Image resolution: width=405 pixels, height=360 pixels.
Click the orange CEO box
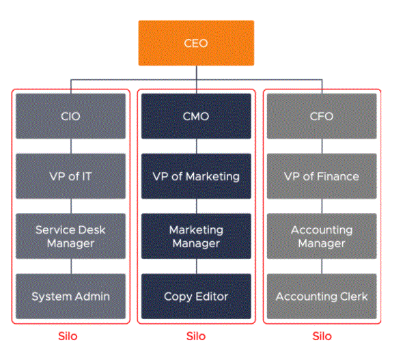[x=196, y=43]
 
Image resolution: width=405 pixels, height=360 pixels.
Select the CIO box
[x=70, y=116]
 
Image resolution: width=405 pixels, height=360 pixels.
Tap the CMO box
[x=196, y=116]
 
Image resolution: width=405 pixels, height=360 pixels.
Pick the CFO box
[x=322, y=116]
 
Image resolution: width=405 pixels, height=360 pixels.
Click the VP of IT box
[x=70, y=176]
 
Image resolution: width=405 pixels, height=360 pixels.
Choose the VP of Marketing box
[x=196, y=176]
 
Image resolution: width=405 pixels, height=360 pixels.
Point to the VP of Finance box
[x=322, y=176]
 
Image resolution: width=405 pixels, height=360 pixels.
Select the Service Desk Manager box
[x=70, y=236]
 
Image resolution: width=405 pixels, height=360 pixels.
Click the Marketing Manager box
[x=196, y=236]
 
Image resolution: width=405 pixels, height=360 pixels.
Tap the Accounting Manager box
[x=322, y=236]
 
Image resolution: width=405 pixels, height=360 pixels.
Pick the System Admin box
[x=70, y=296]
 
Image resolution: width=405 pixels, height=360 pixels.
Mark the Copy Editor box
[x=196, y=296]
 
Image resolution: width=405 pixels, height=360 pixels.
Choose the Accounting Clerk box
[x=322, y=296]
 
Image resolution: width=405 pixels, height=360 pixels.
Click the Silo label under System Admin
[x=68, y=336]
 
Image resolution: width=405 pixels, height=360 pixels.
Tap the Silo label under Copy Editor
[x=196, y=336]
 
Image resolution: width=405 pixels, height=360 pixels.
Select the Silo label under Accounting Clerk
[x=322, y=336]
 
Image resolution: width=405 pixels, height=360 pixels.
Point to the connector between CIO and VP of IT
[x=71, y=146]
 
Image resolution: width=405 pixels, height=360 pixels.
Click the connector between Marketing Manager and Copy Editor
[x=196, y=266]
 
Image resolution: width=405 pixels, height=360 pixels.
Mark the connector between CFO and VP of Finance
[x=322, y=146]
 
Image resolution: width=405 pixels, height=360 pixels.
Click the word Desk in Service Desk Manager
[x=92, y=230]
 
